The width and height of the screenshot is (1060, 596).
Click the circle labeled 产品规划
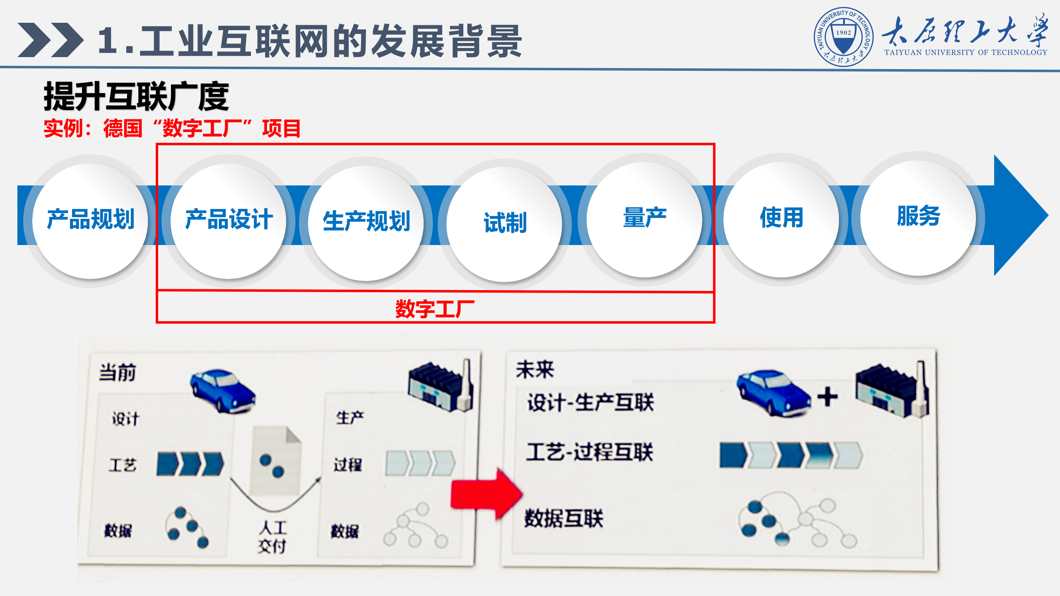pyautogui.click(x=90, y=220)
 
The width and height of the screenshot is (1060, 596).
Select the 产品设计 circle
pyautogui.click(x=229, y=220)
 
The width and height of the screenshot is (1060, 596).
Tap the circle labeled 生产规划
pyautogui.click(x=366, y=222)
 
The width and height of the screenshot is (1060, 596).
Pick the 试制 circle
pyautogui.click(x=504, y=224)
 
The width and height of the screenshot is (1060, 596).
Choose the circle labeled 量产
pyautogui.click(x=644, y=219)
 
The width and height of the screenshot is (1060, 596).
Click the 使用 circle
pyautogui.click(x=781, y=219)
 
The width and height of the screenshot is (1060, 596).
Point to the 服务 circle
pyautogui.click(x=918, y=218)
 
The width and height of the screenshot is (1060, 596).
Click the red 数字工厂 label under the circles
pyautogui.click(x=435, y=309)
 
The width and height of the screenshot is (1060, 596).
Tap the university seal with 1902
pyautogui.click(x=843, y=37)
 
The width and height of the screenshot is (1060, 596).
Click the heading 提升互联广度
pyautogui.click(x=136, y=96)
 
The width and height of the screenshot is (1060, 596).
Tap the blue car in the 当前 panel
pyautogui.click(x=223, y=391)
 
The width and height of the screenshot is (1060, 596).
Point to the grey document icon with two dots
pyautogui.click(x=275, y=461)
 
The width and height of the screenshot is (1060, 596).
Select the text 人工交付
pyautogui.click(x=272, y=537)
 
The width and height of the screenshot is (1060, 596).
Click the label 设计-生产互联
pyautogui.click(x=590, y=402)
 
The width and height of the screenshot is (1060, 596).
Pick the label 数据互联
pyautogui.click(x=564, y=518)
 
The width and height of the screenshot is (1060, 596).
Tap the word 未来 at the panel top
pyautogui.click(x=535, y=369)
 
